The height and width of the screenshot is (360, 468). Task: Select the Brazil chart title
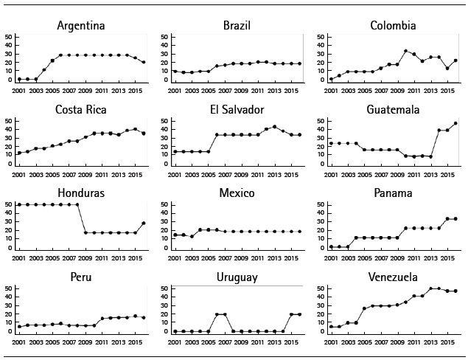point(237,26)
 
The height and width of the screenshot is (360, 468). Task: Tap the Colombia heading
point(393,26)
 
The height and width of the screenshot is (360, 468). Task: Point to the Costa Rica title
point(80,110)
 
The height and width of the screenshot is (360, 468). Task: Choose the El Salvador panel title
point(237,110)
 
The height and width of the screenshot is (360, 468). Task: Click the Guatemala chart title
point(393,110)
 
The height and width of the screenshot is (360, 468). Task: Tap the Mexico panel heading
point(237,194)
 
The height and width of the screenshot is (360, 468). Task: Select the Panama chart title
point(393,194)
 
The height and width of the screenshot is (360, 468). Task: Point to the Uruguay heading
point(237,277)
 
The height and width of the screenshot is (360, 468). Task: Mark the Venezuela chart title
point(393,277)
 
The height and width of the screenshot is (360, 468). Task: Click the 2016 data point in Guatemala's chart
point(455,123)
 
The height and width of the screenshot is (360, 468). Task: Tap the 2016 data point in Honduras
point(143,223)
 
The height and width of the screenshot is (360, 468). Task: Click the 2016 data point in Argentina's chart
point(143,62)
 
